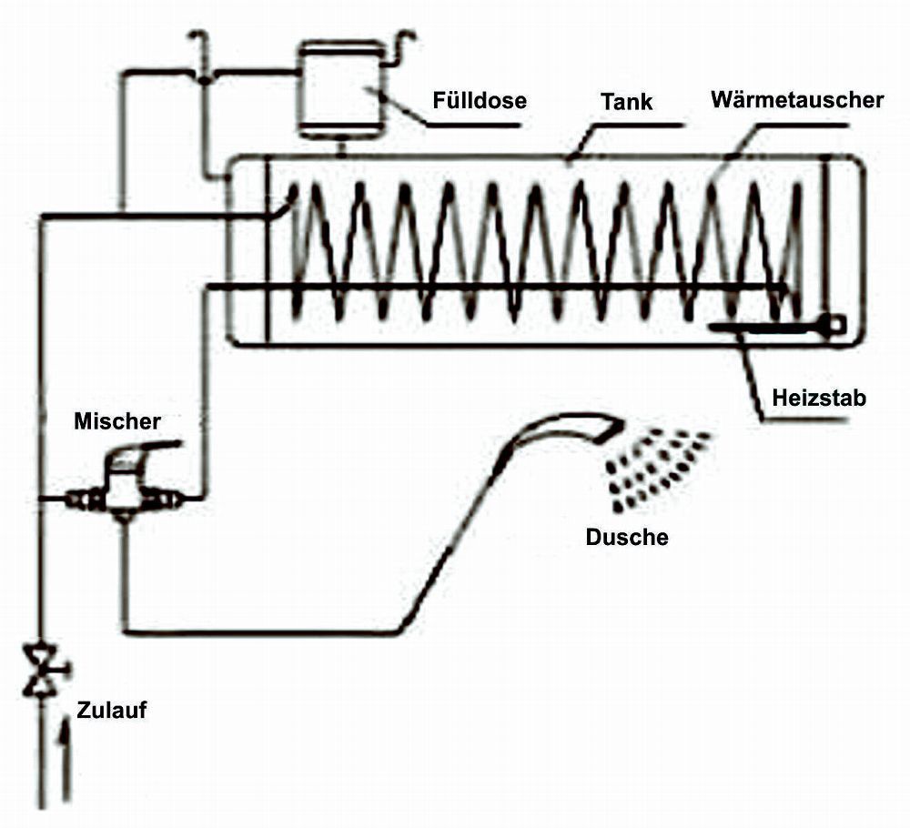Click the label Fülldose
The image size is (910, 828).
480,100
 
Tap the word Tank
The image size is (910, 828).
626,102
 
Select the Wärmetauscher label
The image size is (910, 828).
797,99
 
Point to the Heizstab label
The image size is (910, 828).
819,398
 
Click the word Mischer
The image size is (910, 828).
117,421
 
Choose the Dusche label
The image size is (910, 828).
627,537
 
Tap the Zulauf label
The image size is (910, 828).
112,710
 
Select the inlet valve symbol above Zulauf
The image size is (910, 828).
42,671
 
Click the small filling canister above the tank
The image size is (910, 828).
340,89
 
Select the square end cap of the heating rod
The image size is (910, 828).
836,324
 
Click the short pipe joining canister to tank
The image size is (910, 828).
342,147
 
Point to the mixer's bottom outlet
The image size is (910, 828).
123,515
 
